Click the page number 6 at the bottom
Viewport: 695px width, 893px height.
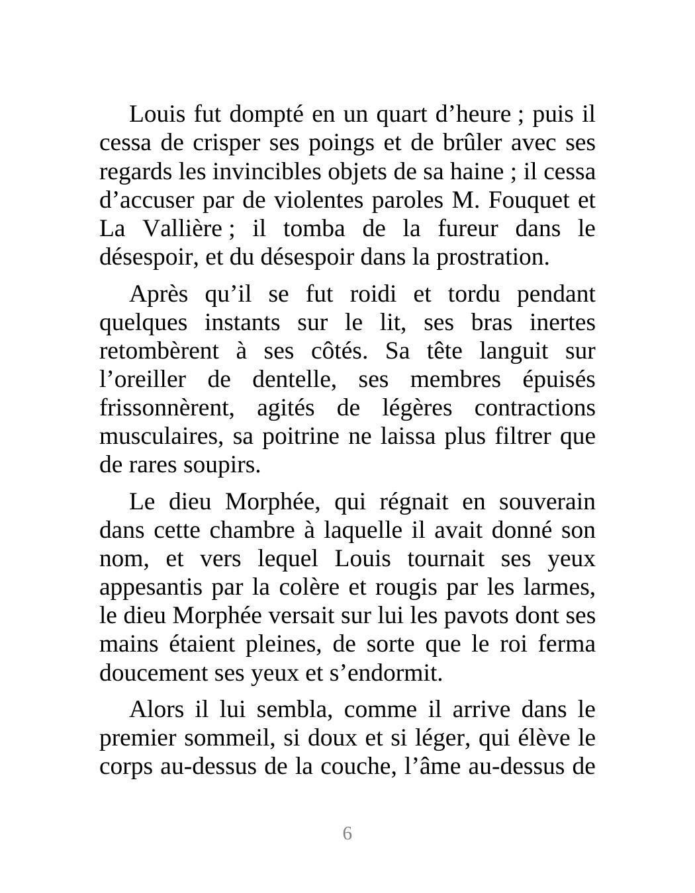point(347,833)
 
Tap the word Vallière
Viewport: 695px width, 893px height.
point(182,229)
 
